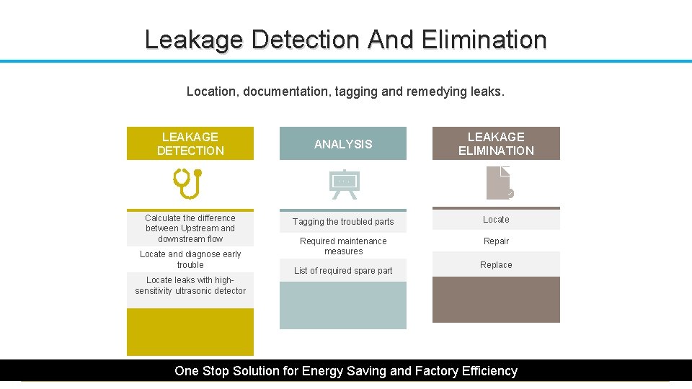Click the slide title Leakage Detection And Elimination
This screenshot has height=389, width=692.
(345, 39)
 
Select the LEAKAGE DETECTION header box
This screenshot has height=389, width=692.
(190, 143)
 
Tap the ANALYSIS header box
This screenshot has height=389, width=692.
(343, 144)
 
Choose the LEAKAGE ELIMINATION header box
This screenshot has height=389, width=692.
(496, 143)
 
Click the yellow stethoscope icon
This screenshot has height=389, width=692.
(189, 183)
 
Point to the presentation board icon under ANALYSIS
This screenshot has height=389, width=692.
(343, 184)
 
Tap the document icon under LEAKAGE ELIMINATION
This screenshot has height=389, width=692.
(499, 183)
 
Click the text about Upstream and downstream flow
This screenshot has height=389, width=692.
(190, 228)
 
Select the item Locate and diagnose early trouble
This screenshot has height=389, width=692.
(190, 259)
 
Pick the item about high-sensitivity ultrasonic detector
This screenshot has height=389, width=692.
(190, 285)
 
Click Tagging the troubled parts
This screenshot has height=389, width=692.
(343, 222)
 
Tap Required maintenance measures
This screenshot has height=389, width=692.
(343, 246)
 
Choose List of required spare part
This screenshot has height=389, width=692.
(343, 271)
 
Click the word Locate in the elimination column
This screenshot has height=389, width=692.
(496, 220)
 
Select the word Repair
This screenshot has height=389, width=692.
(496, 241)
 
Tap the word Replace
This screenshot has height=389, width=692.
(496, 265)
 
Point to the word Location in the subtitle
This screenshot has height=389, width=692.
(212, 91)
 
